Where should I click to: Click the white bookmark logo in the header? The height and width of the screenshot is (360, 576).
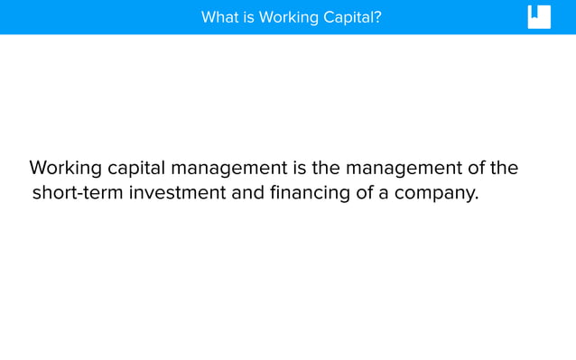pyautogui.click(x=539, y=17)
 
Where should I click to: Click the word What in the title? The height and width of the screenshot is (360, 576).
pyautogui.click(x=219, y=17)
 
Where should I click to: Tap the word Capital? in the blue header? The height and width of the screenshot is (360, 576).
pyautogui.click(x=352, y=17)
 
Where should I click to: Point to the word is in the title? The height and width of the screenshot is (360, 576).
pyautogui.click(x=248, y=17)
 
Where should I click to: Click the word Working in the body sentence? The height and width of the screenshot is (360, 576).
pyautogui.click(x=65, y=169)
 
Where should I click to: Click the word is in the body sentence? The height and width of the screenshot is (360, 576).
pyautogui.click(x=299, y=169)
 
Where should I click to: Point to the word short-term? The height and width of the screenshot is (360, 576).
pyautogui.click(x=78, y=193)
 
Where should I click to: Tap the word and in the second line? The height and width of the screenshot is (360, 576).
pyautogui.click(x=248, y=193)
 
